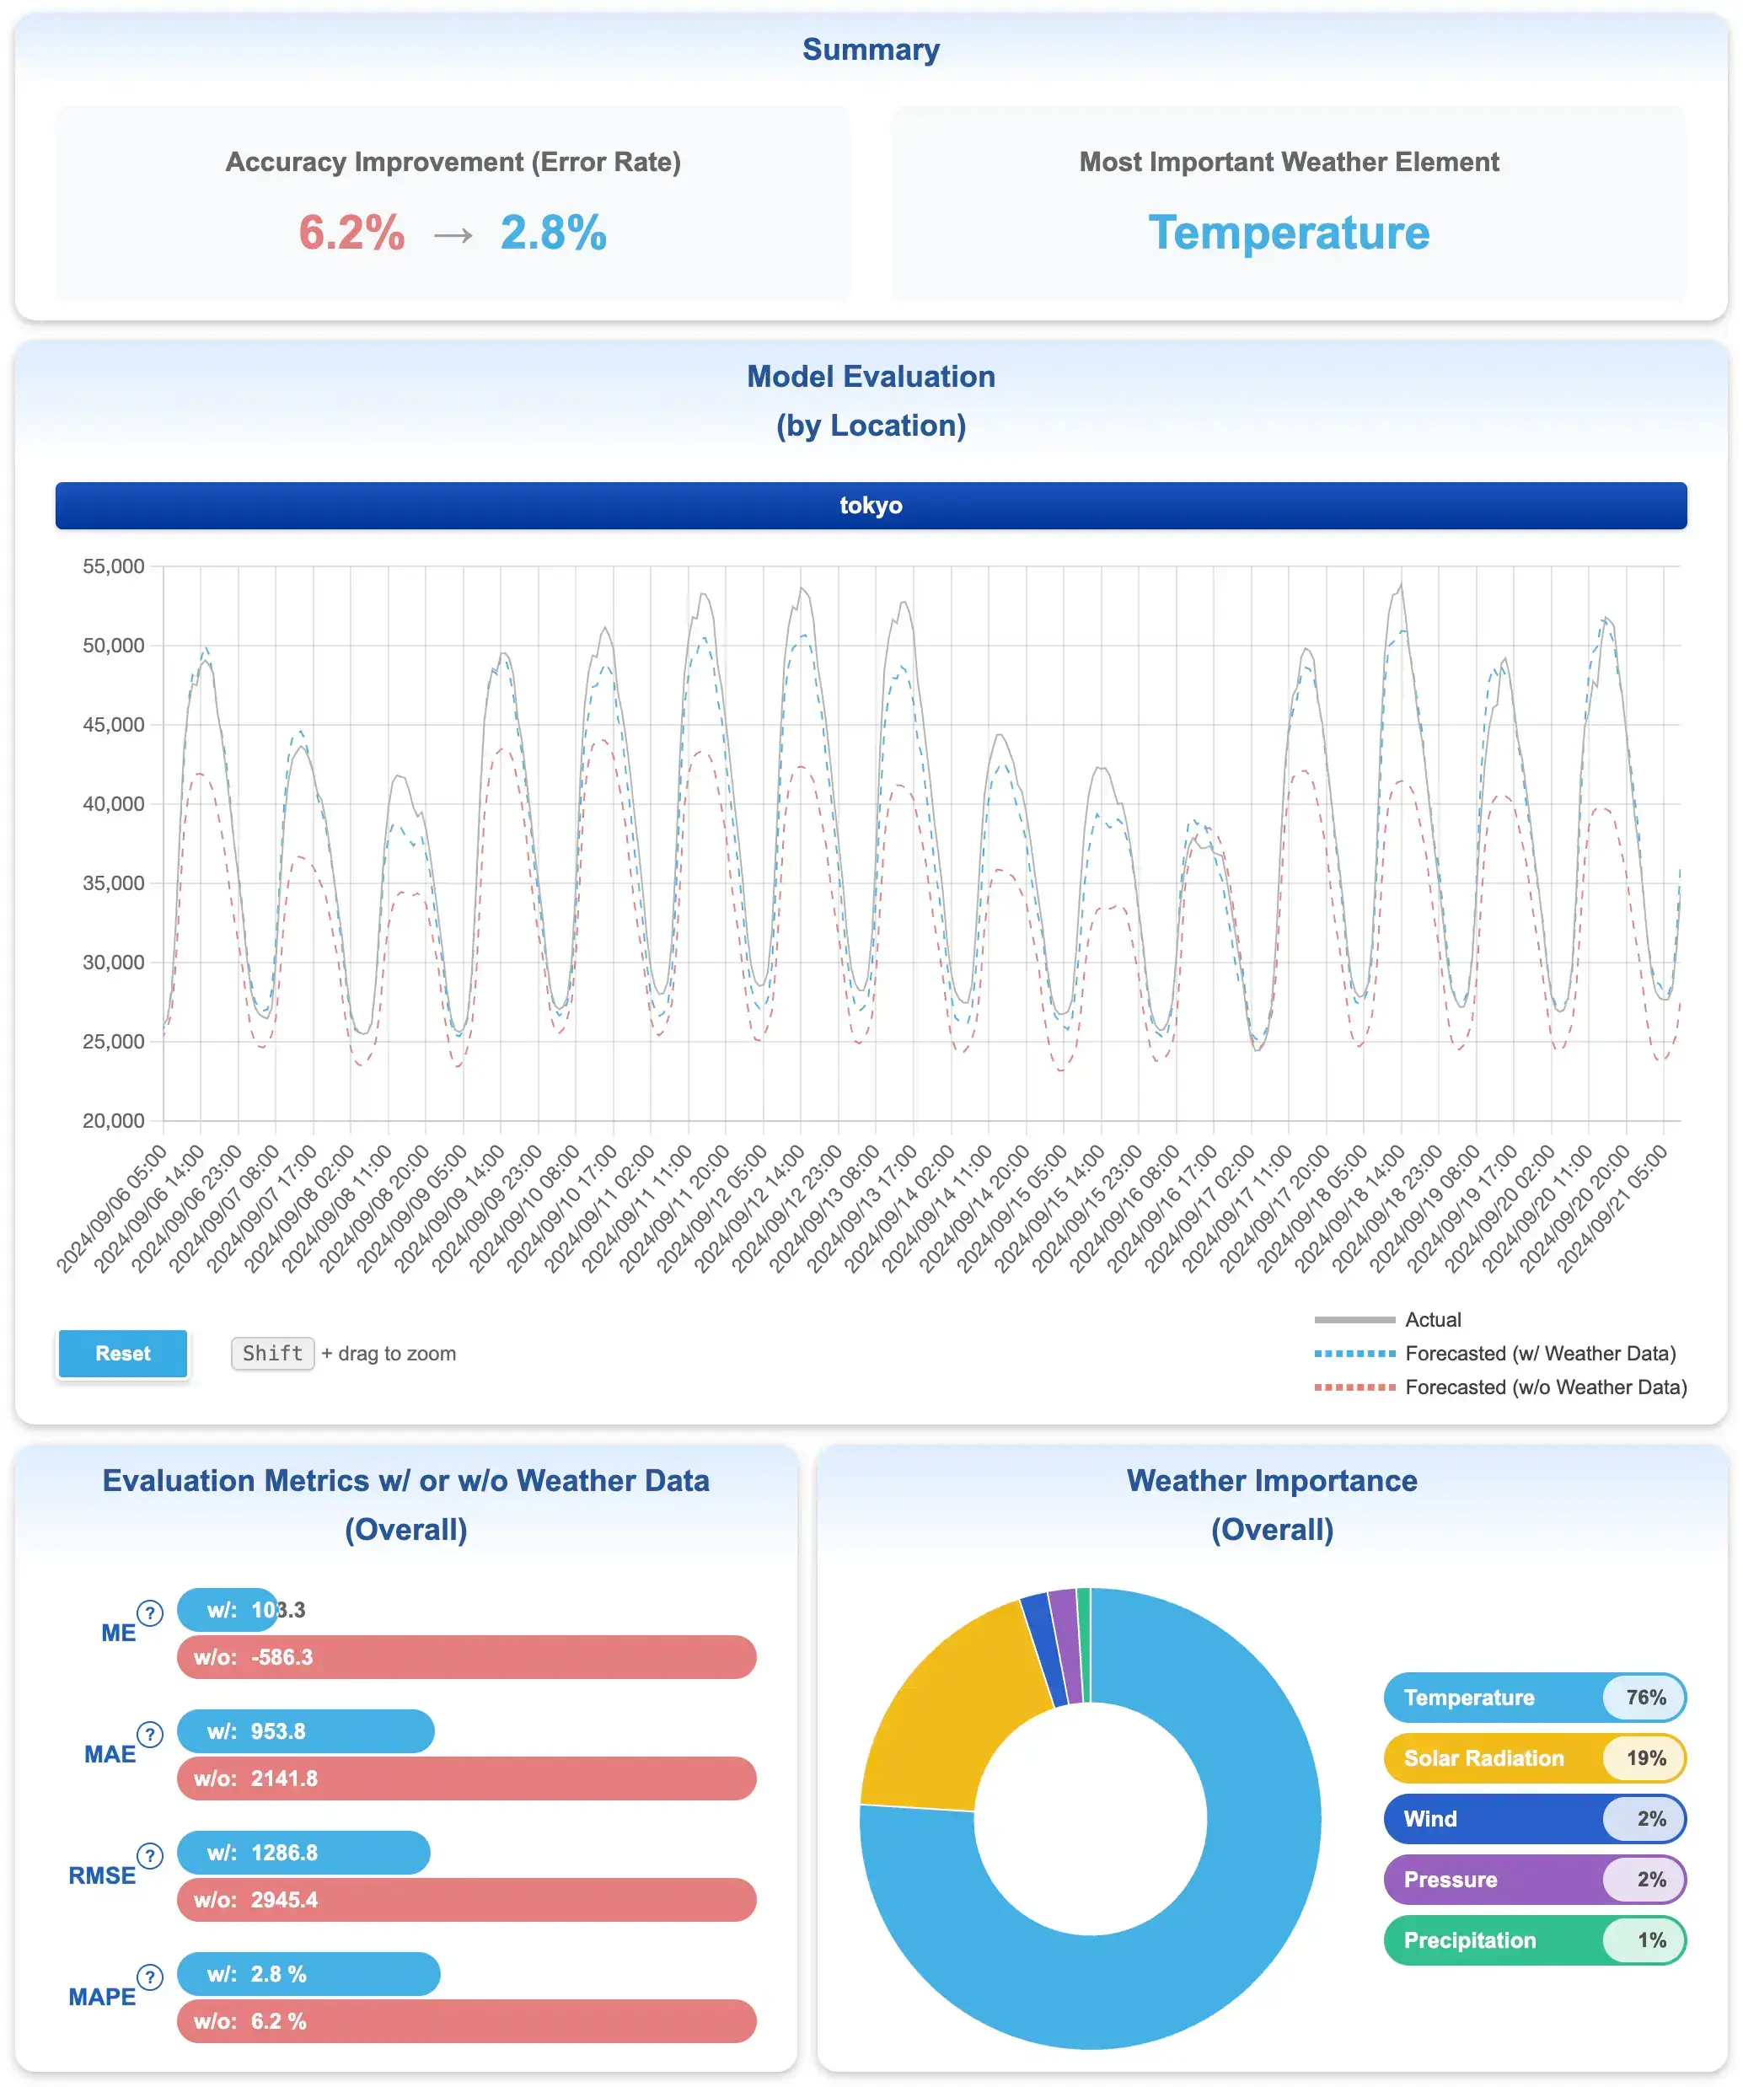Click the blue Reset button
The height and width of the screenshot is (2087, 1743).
coord(122,1353)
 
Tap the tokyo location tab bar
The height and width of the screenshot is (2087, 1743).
coord(871,505)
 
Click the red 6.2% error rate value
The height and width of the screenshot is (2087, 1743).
coord(351,233)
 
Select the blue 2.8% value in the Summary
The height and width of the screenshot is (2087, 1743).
coord(554,233)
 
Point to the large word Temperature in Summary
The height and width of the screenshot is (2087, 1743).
coord(1289,233)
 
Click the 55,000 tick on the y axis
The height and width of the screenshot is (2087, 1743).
coord(113,566)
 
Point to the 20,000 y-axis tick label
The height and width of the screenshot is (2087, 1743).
coord(113,1120)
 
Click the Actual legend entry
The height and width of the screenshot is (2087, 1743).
coord(1432,1320)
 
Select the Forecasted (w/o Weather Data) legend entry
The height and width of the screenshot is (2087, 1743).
coord(1545,1387)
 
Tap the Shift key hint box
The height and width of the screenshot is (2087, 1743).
coord(272,1353)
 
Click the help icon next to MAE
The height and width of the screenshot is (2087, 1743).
coord(150,1734)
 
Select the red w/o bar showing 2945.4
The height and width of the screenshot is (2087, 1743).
coord(466,1899)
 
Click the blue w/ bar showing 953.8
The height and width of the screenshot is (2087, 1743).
coord(305,1731)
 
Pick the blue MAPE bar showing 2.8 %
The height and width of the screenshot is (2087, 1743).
coord(308,1974)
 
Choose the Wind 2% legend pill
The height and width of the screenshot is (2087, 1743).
coord(1533,1819)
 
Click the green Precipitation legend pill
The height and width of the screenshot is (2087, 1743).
coord(1533,1940)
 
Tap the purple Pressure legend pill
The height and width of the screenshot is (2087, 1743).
coord(1533,1880)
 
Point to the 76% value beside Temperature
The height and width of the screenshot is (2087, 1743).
coord(1645,1698)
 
